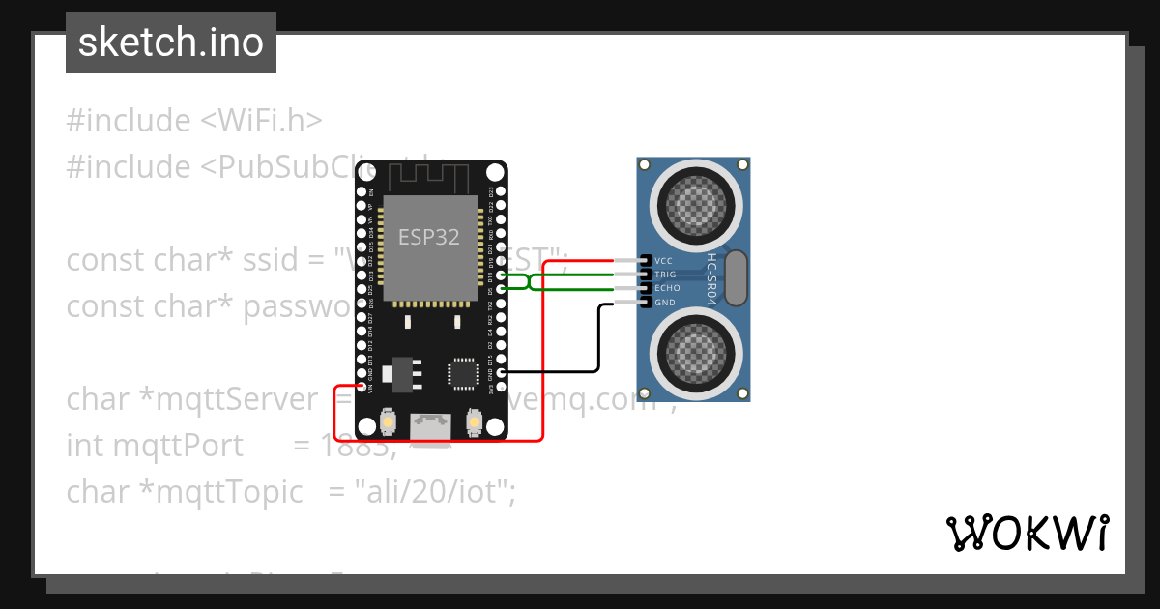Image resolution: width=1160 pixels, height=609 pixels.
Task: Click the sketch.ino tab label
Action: coord(170,43)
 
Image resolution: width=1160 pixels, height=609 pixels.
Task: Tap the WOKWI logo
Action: coord(1028,533)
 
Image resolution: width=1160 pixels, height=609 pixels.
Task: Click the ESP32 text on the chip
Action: coord(429,237)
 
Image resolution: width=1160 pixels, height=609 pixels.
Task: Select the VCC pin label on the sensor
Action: coord(664,261)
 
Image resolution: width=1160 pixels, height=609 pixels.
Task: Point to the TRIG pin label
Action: coord(666,275)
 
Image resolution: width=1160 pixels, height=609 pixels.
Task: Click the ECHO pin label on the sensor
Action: coord(667,288)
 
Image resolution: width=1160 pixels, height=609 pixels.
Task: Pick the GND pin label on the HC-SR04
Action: coord(665,303)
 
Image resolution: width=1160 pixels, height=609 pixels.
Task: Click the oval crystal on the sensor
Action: coord(736,275)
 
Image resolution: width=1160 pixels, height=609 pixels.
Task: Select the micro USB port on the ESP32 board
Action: coord(430,426)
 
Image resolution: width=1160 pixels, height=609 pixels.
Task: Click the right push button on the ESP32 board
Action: coord(475,421)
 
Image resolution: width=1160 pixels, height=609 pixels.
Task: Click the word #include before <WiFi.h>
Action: coord(129,121)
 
